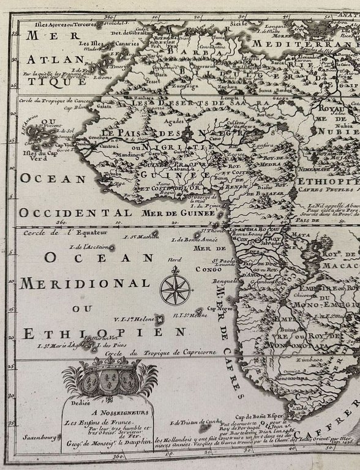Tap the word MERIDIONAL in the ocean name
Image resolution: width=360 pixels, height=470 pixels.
tap(85, 283)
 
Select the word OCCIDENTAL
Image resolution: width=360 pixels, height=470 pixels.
tap(74, 212)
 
